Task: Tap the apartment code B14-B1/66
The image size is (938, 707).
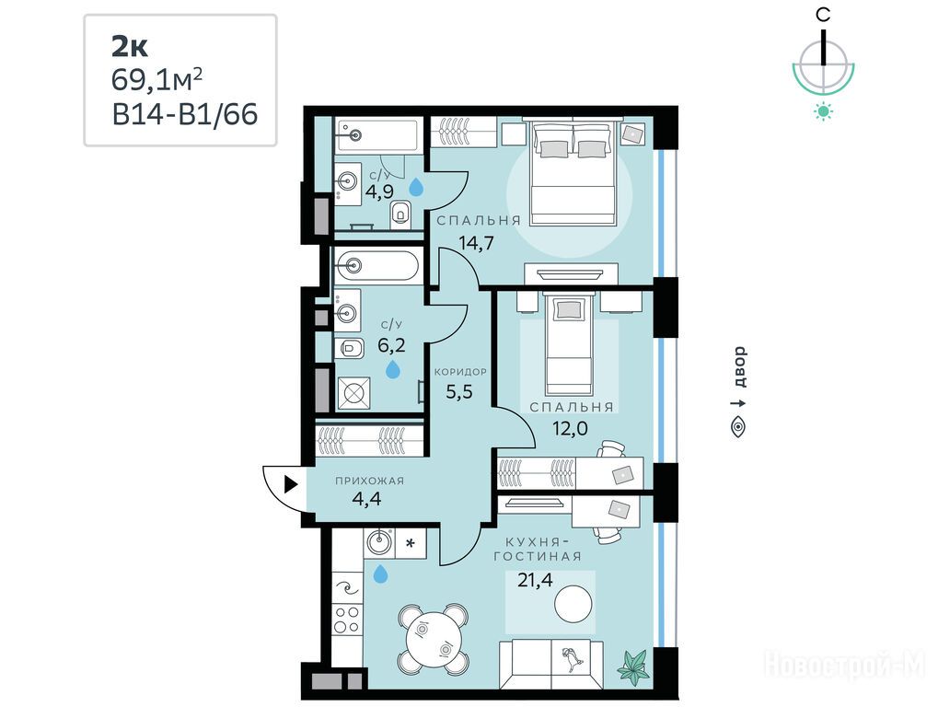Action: (x=185, y=114)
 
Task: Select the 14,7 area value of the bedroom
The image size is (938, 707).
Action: (x=476, y=243)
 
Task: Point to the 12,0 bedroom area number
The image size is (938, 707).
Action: (x=570, y=428)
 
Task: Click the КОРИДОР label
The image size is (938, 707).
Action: (x=460, y=371)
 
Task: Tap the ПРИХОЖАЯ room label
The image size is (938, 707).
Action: (x=369, y=481)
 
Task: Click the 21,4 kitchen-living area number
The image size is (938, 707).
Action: (x=535, y=580)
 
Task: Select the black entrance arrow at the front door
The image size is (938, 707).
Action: (x=291, y=484)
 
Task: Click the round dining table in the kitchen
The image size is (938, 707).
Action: (x=434, y=638)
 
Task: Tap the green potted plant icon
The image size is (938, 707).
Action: (x=633, y=666)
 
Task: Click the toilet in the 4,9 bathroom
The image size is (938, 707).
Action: (x=400, y=214)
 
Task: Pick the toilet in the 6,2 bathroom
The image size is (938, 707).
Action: (x=349, y=348)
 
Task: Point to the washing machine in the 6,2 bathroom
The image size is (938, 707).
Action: (x=353, y=393)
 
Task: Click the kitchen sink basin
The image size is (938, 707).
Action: (x=378, y=543)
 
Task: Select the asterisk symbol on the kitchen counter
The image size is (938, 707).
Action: (x=411, y=544)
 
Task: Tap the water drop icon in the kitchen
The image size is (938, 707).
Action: (x=380, y=574)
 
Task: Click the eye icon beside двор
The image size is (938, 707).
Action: (x=739, y=426)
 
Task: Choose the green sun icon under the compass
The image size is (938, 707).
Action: (x=824, y=111)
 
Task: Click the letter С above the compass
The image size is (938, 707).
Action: (x=824, y=15)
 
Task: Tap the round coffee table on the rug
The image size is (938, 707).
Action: (x=573, y=604)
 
